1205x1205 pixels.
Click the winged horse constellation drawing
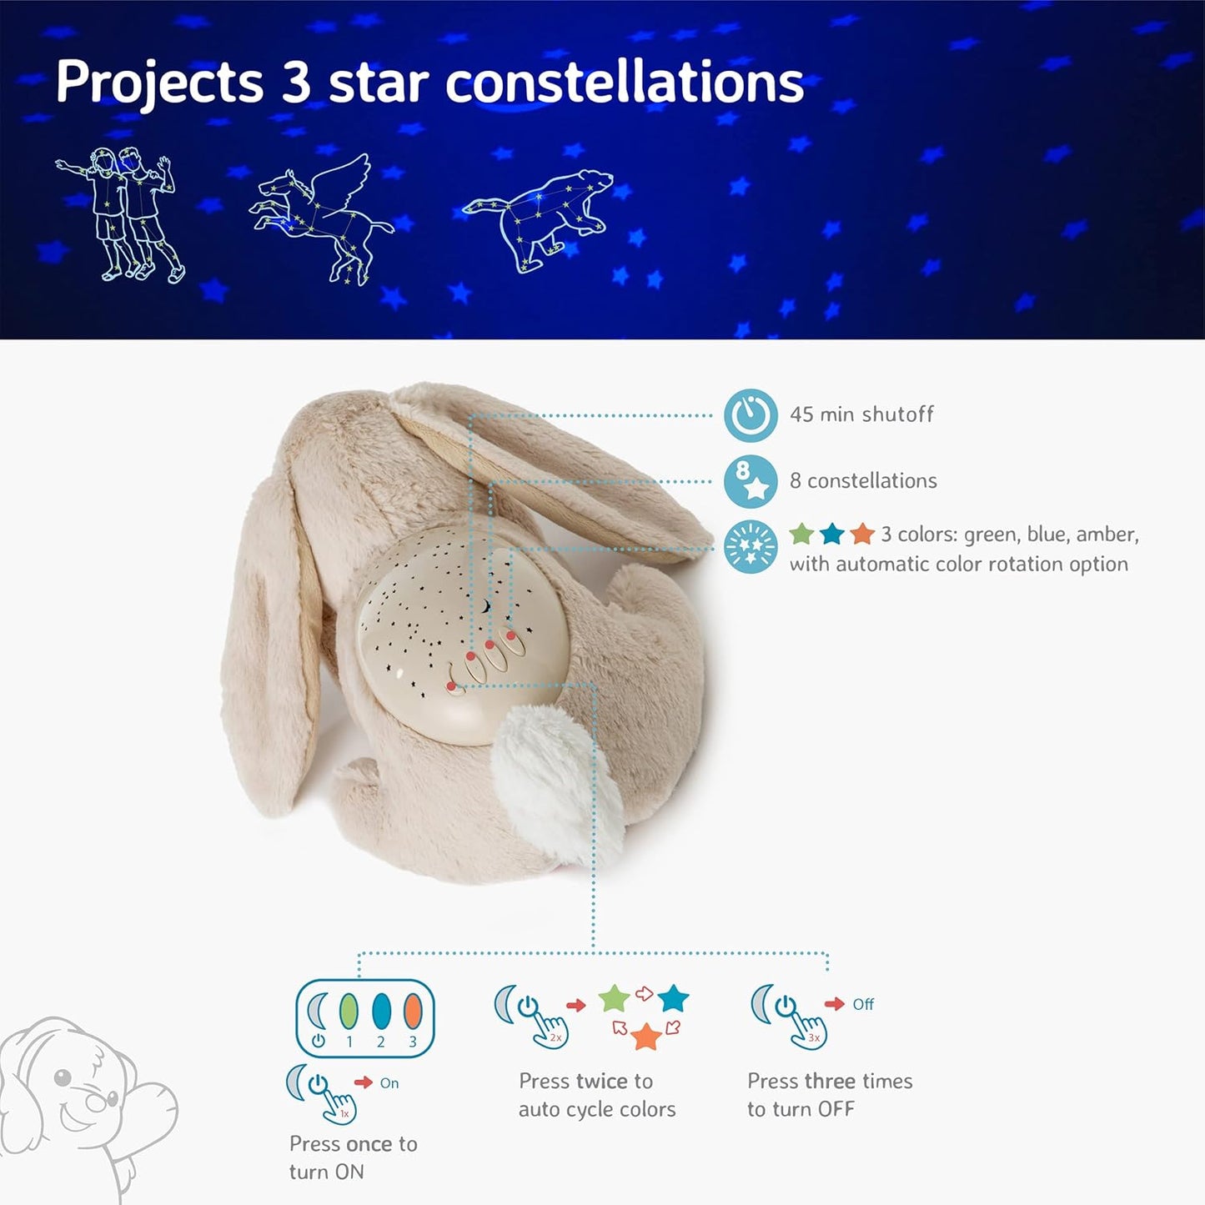tap(321, 217)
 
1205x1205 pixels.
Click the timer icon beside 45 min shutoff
tap(751, 414)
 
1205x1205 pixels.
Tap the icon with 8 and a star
tap(751, 481)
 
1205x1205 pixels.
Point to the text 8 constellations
tap(863, 481)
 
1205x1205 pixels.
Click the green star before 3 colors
tap(801, 534)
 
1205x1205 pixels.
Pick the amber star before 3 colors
tap(862, 534)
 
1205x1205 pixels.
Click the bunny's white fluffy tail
tap(559, 780)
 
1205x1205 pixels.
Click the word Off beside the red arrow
tap(863, 1004)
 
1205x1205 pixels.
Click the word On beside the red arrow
tap(389, 1083)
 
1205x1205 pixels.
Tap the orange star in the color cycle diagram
tap(646, 1037)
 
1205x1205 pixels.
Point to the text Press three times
tap(830, 1082)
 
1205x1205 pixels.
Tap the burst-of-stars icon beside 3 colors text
tap(751, 548)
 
